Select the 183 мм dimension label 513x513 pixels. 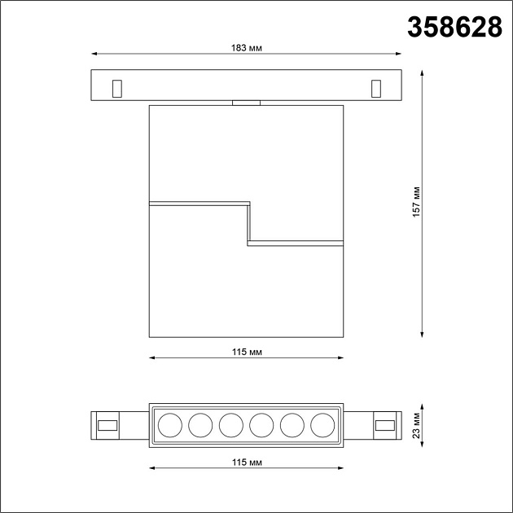click(246, 47)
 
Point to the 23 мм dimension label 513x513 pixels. click(416, 424)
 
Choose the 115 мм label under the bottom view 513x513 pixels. click(246, 462)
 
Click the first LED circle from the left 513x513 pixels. click(170, 424)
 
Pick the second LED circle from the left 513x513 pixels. click(200, 424)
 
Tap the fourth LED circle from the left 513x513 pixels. click(261, 424)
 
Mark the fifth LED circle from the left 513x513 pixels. click(292, 424)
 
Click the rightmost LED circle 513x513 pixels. click(322, 424)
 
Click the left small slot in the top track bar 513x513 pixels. click(117, 87)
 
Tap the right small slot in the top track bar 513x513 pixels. click(375, 87)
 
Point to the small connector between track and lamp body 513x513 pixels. click(246, 103)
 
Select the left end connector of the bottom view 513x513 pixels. click(106, 424)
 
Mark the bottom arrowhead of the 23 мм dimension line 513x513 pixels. click(423, 443)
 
